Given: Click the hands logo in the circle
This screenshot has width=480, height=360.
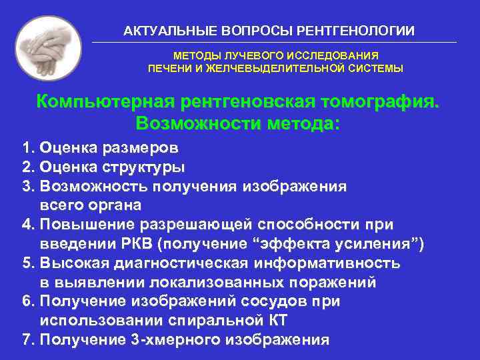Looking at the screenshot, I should click(x=47, y=48).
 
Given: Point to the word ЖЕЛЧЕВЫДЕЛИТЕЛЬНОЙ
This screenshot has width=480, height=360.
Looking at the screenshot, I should click(x=276, y=68).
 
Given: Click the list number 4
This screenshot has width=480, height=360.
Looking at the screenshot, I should click(x=26, y=225).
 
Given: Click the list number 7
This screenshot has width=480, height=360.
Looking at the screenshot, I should click(x=26, y=340).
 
